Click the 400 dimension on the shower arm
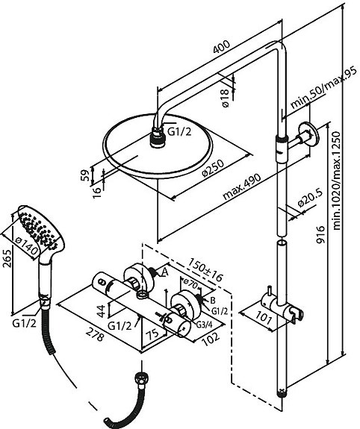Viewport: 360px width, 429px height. click(x=221, y=47)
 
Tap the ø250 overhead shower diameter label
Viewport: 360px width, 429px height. click(x=213, y=167)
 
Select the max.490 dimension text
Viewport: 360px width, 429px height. click(x=242, y=187)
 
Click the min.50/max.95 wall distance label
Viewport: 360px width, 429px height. click(x=323, y=87)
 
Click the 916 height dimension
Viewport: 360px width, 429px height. click(x=320, y=234)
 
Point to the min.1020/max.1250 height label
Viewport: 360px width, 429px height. click(x=336, y=181)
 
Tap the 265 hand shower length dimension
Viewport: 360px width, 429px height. click(x=7, y=258)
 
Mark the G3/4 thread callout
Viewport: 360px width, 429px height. click(x=205, y=325)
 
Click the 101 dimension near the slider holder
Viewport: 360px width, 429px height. click(x=264, y=317)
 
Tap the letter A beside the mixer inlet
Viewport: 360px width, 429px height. click(x=164, y=272)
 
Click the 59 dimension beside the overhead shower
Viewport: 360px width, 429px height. click(x=85, y=175)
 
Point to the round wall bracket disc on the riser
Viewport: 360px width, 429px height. click(x=309, y=134)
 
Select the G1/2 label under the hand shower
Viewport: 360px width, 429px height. click(x=24, y=323)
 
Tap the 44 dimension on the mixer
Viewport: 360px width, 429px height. click(x=102, y=311)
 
